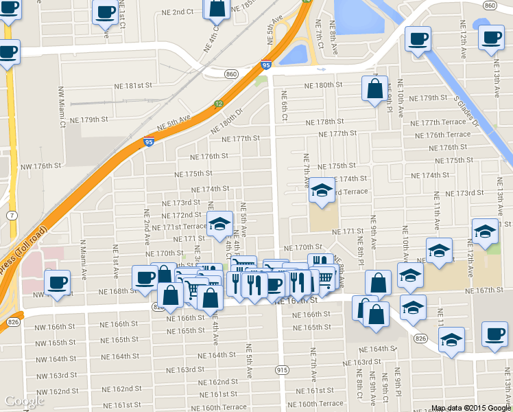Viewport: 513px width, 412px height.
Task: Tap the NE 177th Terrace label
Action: click(443, 122)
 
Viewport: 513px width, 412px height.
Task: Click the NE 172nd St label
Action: click(181, 215)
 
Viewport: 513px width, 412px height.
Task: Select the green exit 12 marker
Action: click(218, 103)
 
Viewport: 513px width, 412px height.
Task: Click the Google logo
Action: click(24, 401)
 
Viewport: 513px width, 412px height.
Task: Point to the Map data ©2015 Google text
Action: click(470, 408)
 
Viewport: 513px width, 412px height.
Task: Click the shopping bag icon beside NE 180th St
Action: click(374, 89)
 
